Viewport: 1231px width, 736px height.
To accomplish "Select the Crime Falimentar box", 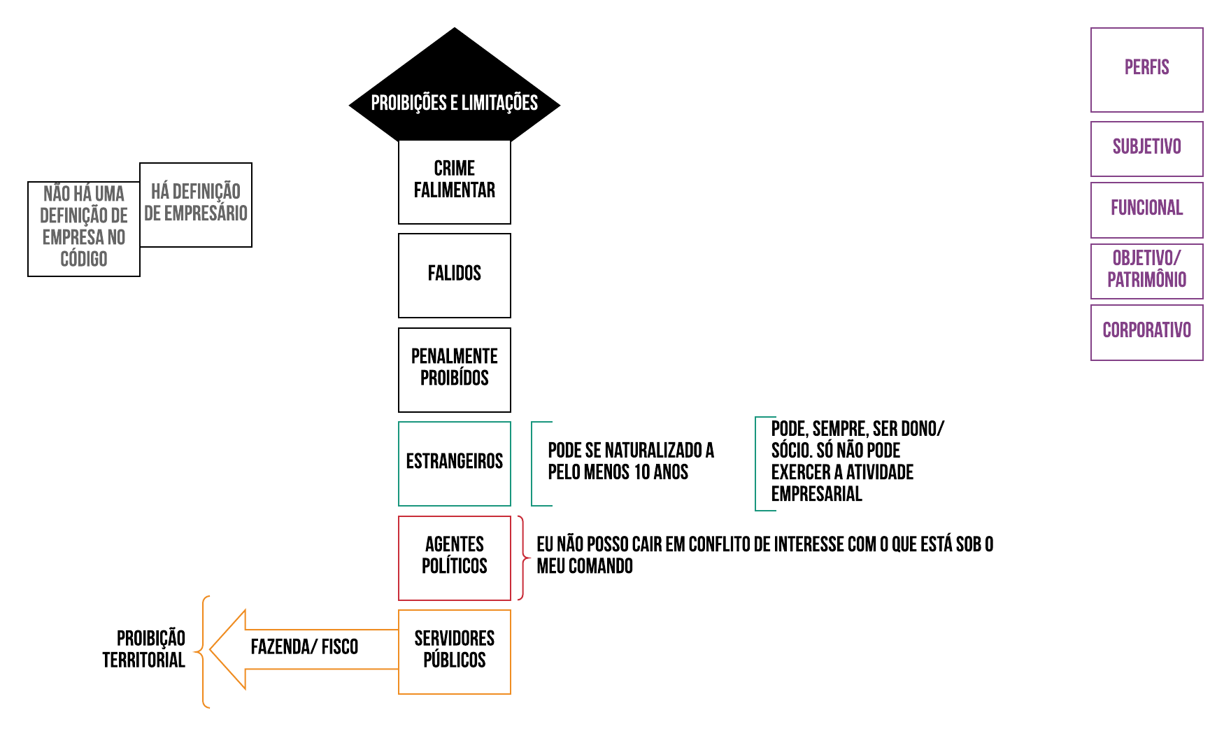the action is pos(455,181).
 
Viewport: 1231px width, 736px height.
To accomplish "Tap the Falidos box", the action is pos(455,275).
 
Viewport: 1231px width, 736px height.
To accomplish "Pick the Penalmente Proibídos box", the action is pos(455,369).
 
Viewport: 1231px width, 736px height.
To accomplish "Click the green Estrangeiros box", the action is pos(455,463).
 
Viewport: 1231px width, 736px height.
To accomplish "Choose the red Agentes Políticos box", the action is pos(455,558).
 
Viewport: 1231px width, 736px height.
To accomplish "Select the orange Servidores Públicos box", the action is pos(455,651).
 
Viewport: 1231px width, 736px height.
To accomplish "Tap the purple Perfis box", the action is pos(1146,69).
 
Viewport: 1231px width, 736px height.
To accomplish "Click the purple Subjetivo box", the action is pos(1146,148).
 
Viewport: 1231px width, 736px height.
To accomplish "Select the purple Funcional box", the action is pos(1146,209).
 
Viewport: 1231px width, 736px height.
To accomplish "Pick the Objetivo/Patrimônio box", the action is pos(1146,271).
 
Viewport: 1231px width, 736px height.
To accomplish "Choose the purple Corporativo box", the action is pos(1146,332).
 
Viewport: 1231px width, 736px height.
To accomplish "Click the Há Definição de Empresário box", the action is pos(196,204).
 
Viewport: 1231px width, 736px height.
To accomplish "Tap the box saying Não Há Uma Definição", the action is pos(84,228).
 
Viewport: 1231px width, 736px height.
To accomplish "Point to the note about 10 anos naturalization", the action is pos(630,462).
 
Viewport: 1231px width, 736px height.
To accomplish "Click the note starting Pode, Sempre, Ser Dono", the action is pos(857,462).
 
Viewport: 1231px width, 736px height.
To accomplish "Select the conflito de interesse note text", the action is pos(764,555).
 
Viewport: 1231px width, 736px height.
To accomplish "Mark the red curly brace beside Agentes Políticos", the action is pos(522,558).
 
